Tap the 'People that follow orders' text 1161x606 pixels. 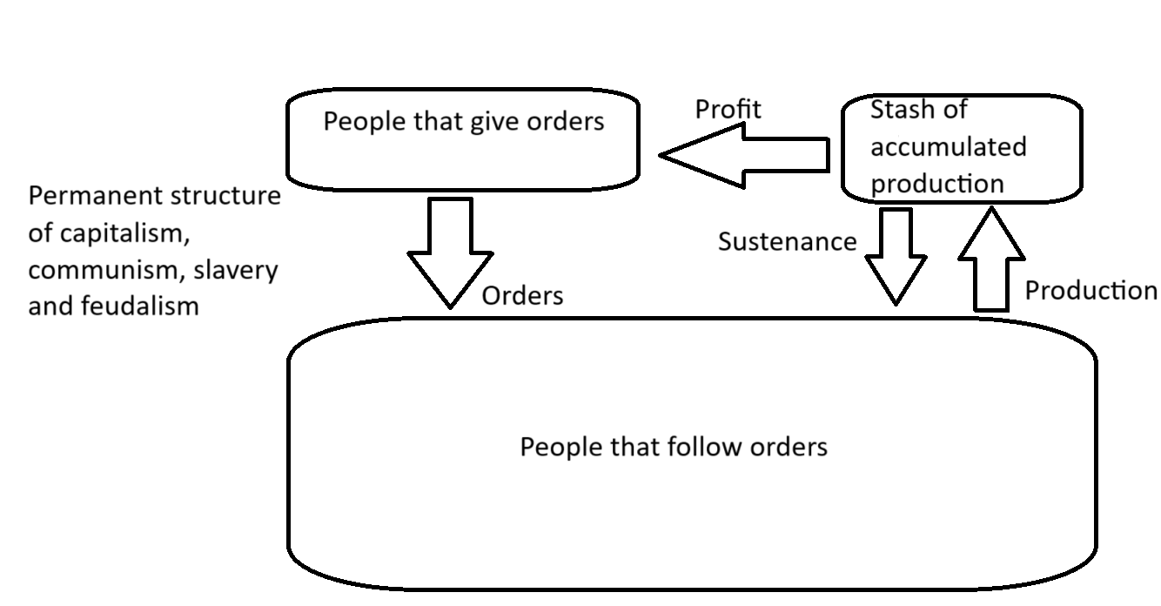pos(674,448)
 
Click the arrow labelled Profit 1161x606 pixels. pos(745,155)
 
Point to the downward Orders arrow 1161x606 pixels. pos(451,252)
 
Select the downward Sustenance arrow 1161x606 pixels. pos(896,257)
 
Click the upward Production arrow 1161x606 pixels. pos(991,259)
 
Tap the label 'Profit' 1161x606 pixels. pos(728,110)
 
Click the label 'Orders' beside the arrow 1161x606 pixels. pos(522,296)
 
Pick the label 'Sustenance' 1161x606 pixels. pos(788,242)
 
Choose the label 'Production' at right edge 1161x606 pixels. pos(1091,290)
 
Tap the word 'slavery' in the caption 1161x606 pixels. pos(236,271)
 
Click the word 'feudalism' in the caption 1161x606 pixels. pos(140,306)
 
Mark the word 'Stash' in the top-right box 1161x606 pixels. pos(896,110)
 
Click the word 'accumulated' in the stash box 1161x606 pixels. pos(949,147)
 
